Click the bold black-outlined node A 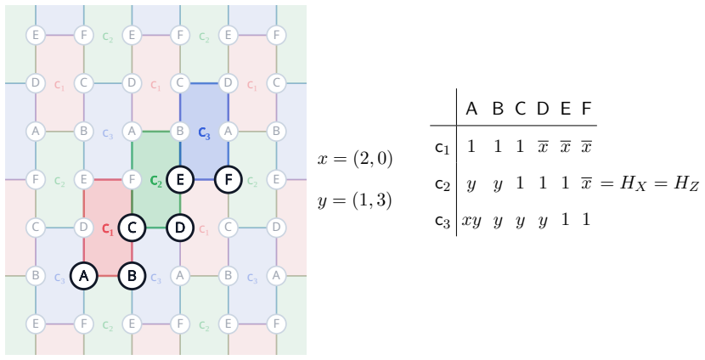tap(83, 276)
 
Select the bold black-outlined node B tap(132, 276)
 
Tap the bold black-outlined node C tap(132, 228)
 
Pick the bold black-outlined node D tap(180, 228)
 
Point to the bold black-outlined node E tap(180, 180)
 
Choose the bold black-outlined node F tap(228, 180)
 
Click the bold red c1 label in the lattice tap(108, 229)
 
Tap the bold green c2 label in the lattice tap(156, 181)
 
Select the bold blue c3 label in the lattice tap(204, 133)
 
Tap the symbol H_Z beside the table tap(686, 183)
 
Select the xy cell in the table tap(471, 221)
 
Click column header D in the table tap(543, 109)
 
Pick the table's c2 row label tap(443, 184)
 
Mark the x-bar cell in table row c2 tap(586, 183)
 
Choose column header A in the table tap(471, 109)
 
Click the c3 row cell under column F tap(586, 219)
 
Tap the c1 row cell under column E tap(565, 147)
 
